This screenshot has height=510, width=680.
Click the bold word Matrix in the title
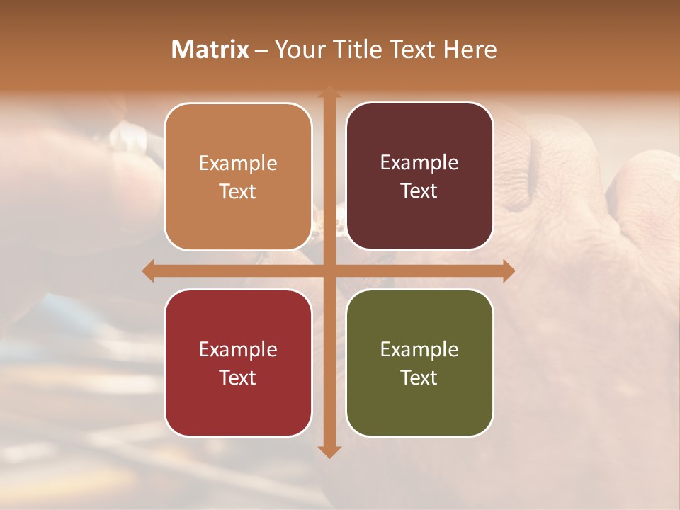210,50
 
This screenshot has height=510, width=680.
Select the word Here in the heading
470,50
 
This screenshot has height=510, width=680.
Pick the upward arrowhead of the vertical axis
329,93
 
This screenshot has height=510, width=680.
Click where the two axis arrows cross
329,271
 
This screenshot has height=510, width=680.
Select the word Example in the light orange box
238,164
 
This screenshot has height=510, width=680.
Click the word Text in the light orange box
238,191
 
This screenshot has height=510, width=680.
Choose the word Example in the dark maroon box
419,163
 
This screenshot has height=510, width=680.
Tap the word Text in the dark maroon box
419,191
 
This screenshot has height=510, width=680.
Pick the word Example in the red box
238,349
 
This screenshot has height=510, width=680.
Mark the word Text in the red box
238,378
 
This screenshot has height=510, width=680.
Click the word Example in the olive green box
419,349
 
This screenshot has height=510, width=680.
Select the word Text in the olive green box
419,378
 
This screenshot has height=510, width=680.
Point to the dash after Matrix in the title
261,51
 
